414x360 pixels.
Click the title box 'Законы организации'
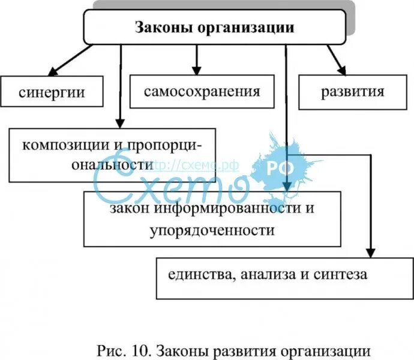click(214, 28)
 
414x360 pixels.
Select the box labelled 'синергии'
click(51, 92)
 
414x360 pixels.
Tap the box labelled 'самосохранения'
click(202, 92)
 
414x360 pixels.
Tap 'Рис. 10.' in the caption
click(121, 350)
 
